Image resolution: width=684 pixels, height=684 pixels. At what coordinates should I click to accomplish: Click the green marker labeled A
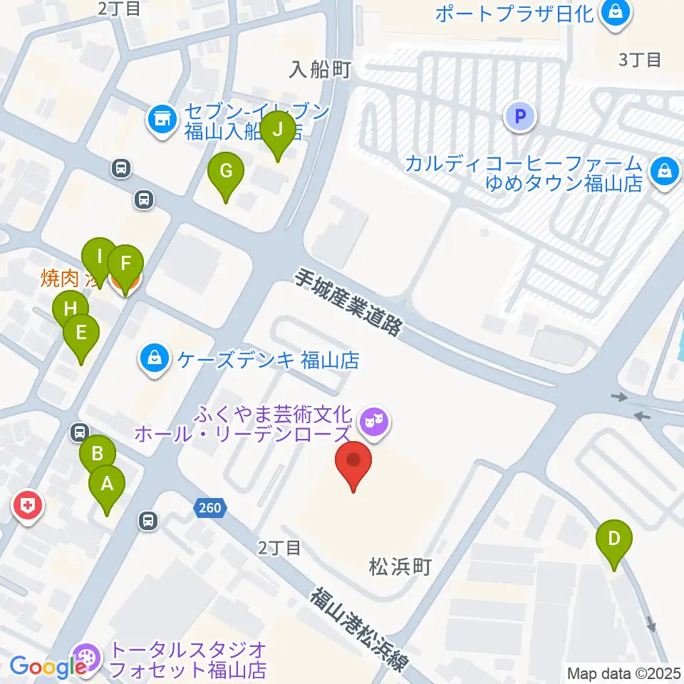point(107,486)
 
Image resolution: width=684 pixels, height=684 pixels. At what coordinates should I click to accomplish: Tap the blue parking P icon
point(520,115)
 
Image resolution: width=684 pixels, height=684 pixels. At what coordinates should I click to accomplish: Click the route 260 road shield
point(209,508)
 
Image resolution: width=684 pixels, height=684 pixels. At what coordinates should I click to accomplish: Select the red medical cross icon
point(27,507)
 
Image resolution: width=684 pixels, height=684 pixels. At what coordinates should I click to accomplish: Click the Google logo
point(47,667)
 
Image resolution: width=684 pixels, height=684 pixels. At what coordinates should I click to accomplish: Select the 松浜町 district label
point(400,566)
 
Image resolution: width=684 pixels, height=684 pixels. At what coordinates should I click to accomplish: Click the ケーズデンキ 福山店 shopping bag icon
point(154,358)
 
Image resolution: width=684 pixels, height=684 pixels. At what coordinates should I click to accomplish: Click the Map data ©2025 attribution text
point(623,673)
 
